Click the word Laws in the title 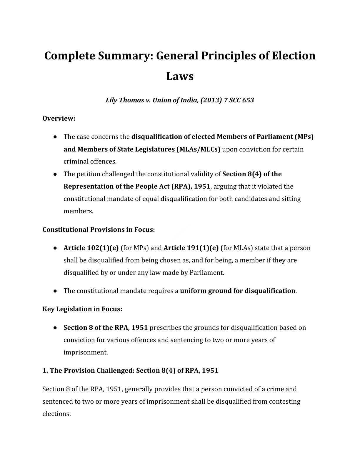(x=180, y=76)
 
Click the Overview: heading (x=59, y=118)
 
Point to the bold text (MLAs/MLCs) (x=198, y=149)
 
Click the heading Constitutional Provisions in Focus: (x=99, y=229)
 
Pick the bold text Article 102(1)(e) (x=91, y=248)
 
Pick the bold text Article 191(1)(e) (x=191, y=248)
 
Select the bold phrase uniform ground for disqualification (x=238, y=291)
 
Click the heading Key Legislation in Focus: (x=82, y=309)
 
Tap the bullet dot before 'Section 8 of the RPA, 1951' (x=55, y=328)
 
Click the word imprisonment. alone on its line (x=86, y=352)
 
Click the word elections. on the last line (x=56, y=414)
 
